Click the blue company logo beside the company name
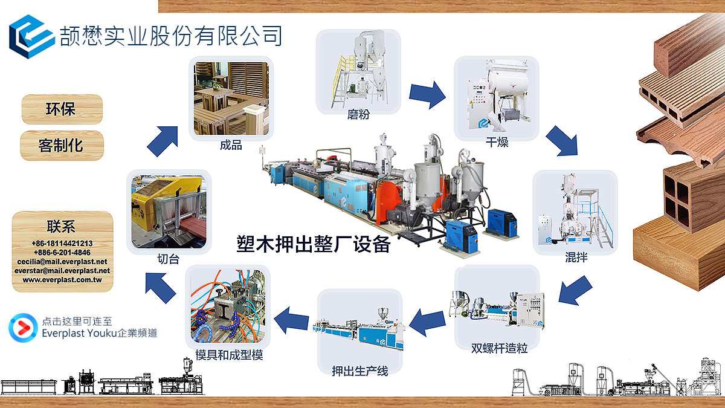31,37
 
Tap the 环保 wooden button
62,109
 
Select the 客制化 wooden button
62,146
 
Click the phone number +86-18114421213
62,243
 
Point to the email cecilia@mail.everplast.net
62,261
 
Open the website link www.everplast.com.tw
62,279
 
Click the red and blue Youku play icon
23,328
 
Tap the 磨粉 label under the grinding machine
358,114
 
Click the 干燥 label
497,142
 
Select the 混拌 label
576,257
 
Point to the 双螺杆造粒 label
499,348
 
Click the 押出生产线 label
360,371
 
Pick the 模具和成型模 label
229,355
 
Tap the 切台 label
169,259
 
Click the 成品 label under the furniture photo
231,145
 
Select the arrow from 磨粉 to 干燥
427,94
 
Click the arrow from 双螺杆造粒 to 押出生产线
427,322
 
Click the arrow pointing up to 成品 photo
163,141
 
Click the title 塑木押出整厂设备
314,244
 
